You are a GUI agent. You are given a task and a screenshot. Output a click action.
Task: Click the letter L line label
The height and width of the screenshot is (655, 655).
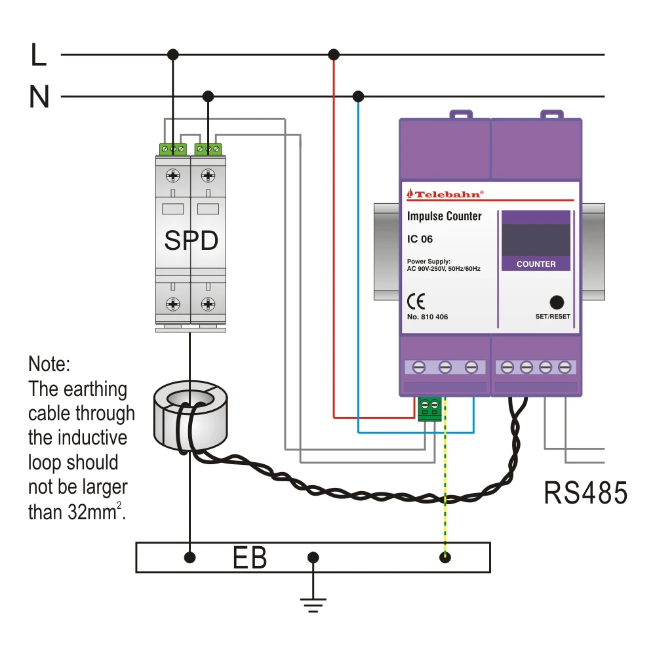tap(38, 55)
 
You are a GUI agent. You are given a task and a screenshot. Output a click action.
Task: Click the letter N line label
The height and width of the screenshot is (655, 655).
tap(39, 98)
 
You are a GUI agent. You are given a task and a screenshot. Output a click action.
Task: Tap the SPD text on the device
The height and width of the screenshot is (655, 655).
tap(191, 241)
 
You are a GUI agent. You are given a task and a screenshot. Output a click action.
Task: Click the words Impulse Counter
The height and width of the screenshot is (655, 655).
tap(445, 216)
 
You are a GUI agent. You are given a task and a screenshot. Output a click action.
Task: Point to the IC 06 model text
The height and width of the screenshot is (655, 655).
tap(420, 239)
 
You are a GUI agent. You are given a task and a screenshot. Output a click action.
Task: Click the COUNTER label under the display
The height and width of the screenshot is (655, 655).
tap(536, 264)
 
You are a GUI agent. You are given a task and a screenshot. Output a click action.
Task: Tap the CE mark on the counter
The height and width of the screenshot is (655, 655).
tap(416, 301)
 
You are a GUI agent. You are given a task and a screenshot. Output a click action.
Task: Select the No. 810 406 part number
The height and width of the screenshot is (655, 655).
tap(427, 317)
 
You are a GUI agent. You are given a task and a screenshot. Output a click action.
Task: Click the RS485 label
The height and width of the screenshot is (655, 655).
tap(586, 493)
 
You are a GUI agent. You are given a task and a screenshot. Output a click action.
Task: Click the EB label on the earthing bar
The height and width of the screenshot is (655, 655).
tap(250, 559)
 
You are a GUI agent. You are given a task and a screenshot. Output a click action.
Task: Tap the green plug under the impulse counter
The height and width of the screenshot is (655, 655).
tap(430, 408)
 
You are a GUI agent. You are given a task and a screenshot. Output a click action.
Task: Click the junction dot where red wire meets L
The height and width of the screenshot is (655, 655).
tap(334, 54)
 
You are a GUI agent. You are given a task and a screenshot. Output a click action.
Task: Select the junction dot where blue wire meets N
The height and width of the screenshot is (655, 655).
tap(358, 97)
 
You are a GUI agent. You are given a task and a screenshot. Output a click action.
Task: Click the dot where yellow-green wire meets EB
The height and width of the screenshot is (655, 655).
tap(446, 558)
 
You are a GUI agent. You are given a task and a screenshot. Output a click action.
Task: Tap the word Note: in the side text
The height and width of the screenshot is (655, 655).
tap(49, 364)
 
